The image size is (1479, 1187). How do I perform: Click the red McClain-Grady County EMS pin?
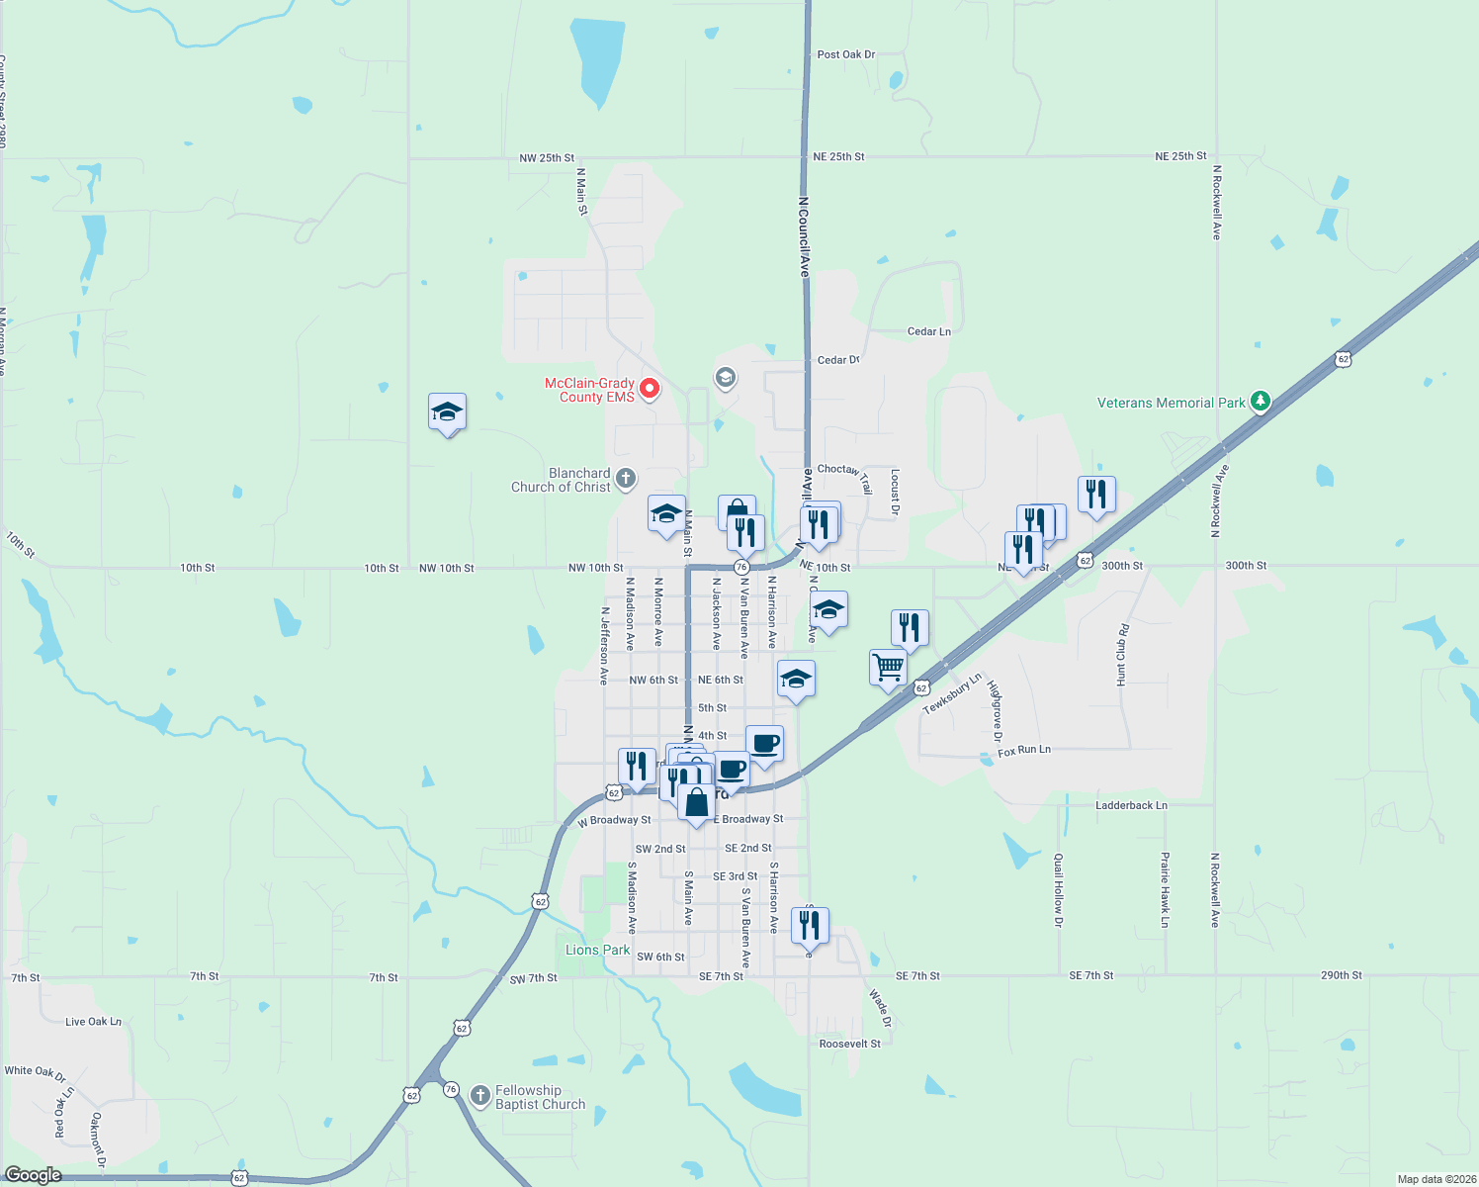click(650, 389)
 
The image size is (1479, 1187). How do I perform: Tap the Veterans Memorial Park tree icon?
click(1260, 402)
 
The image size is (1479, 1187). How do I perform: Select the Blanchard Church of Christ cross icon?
click(626, 480)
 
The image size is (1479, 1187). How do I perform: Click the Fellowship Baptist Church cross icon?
click(480, 1095)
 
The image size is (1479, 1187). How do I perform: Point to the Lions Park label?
click(597, 950)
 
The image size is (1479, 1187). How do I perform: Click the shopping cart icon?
click(888, 667)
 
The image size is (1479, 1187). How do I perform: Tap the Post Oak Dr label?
click(846, 54)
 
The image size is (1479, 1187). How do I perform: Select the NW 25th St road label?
click(547, 158)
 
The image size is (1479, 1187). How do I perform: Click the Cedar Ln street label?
click(929, 331)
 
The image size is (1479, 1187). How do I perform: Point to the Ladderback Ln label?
click(1131, 805)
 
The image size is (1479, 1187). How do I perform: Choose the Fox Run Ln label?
click(1024, 751)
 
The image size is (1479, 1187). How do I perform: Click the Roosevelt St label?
click(850, 1044)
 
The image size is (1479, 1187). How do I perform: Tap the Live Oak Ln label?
click(93, 1021)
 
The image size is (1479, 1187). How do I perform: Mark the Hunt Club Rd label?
click(1122, 655)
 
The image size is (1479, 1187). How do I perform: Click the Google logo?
click(33, 1175)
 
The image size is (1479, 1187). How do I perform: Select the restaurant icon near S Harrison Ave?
click(810, 925)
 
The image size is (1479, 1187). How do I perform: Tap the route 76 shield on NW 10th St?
click(741, 568)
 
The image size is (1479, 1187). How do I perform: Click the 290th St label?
click(1341, 975)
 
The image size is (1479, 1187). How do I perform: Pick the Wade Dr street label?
click(880, 1007)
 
